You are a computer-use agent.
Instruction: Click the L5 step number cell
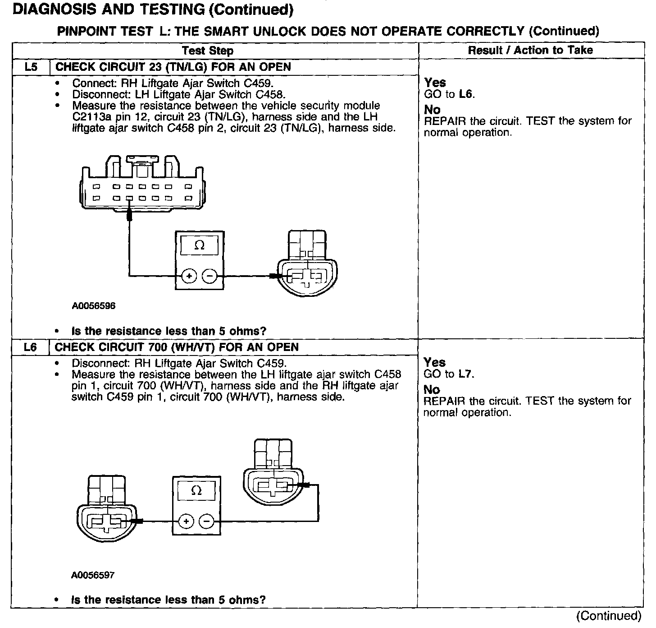[x=31, y=67]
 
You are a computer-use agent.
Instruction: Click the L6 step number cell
[x=31, y=347]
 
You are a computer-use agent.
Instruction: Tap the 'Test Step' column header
[x=208, y=51]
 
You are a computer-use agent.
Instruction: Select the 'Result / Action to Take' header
[x=530, y=50]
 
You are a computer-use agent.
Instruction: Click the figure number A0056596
[x=94, y=306]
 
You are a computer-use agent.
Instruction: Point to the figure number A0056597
[x=93, y=575]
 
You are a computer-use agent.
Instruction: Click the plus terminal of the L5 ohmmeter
[x=189, y=276]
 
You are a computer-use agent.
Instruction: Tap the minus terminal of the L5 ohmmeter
[x=209, y=276]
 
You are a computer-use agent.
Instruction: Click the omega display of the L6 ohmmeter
[x=196, y=491]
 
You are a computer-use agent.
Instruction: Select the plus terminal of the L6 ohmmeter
[x=186, y=522]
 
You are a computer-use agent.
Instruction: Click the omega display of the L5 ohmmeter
[x=199, y=245]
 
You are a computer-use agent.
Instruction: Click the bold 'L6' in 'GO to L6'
[x=466, y=94]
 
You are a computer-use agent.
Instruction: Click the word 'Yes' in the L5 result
[x=435, y=83]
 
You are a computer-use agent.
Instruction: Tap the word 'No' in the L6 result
[x=432, y=390]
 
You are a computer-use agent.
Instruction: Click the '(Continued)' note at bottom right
[x=608, y=616]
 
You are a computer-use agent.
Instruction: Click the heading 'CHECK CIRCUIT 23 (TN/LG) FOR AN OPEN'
[x=173, y=67]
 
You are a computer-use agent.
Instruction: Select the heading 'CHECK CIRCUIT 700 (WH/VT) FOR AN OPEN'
[x=177, y=347]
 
